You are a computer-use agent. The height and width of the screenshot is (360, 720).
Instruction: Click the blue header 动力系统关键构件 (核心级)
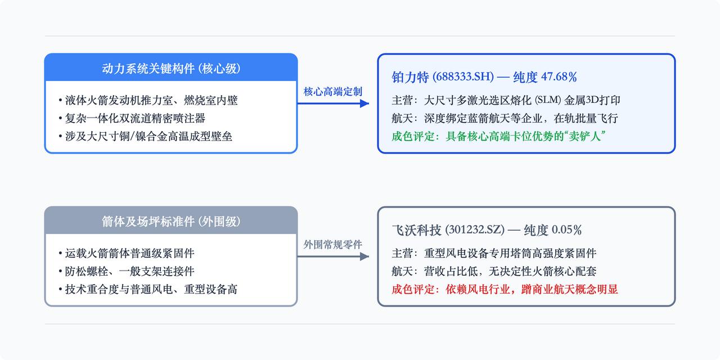(x=171, y=69)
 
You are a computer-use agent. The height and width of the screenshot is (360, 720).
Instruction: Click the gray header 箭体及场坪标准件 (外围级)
(x=171, y=222)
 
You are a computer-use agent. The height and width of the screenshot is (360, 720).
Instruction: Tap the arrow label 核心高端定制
(x=332, y=92)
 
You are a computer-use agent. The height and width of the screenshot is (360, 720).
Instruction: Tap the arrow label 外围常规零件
(x=332, y=245)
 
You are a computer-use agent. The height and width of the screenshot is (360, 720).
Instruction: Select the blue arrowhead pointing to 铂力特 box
(x=364, y=103)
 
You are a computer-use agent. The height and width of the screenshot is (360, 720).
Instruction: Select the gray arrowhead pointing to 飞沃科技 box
(x=364, y=256)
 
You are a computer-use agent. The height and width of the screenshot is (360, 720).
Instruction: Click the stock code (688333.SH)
(x=463, y=77)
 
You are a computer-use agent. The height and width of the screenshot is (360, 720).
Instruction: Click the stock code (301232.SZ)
(x=475, y=230)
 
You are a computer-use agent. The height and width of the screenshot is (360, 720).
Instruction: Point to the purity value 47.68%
(x=559, y=77)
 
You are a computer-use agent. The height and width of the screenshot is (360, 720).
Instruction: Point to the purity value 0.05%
(x=566, y=230)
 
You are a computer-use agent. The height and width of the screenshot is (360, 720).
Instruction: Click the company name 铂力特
(x=410, y=77)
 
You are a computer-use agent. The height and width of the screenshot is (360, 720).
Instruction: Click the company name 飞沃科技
(x=416, y=230)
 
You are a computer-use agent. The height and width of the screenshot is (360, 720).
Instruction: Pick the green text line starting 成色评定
(x=498, y=136)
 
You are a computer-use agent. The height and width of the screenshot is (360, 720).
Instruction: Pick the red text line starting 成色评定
(x=505, y=289)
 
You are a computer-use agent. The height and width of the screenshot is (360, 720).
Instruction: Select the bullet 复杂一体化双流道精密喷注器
(x=132, y=118)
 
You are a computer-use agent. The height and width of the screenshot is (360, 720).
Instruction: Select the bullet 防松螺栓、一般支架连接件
(x=127, y=271)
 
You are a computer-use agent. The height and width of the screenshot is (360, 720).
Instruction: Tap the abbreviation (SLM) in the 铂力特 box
(x=548, y=100)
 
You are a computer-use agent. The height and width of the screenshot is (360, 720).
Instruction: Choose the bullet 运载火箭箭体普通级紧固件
(x=127, y=253)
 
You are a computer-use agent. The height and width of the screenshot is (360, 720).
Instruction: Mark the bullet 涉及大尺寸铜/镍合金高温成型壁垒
(x=145, y=136)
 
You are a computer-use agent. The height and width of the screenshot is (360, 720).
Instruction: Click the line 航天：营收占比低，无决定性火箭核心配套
(x=494, y=271)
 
